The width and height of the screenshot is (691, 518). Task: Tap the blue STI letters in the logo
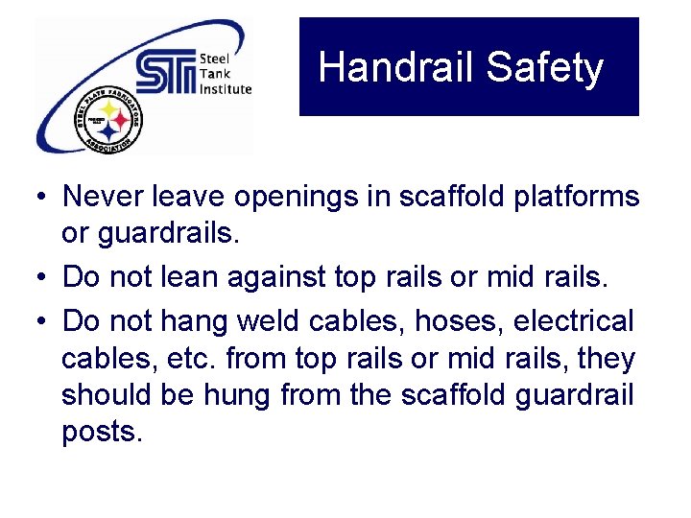(165, 74)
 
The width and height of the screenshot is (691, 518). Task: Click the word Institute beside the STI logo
(226, 89)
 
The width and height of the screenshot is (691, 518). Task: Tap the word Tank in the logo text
(213, 74)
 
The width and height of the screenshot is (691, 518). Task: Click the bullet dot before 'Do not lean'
(37, 278)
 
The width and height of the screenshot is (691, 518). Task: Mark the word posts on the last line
(101, 433)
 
